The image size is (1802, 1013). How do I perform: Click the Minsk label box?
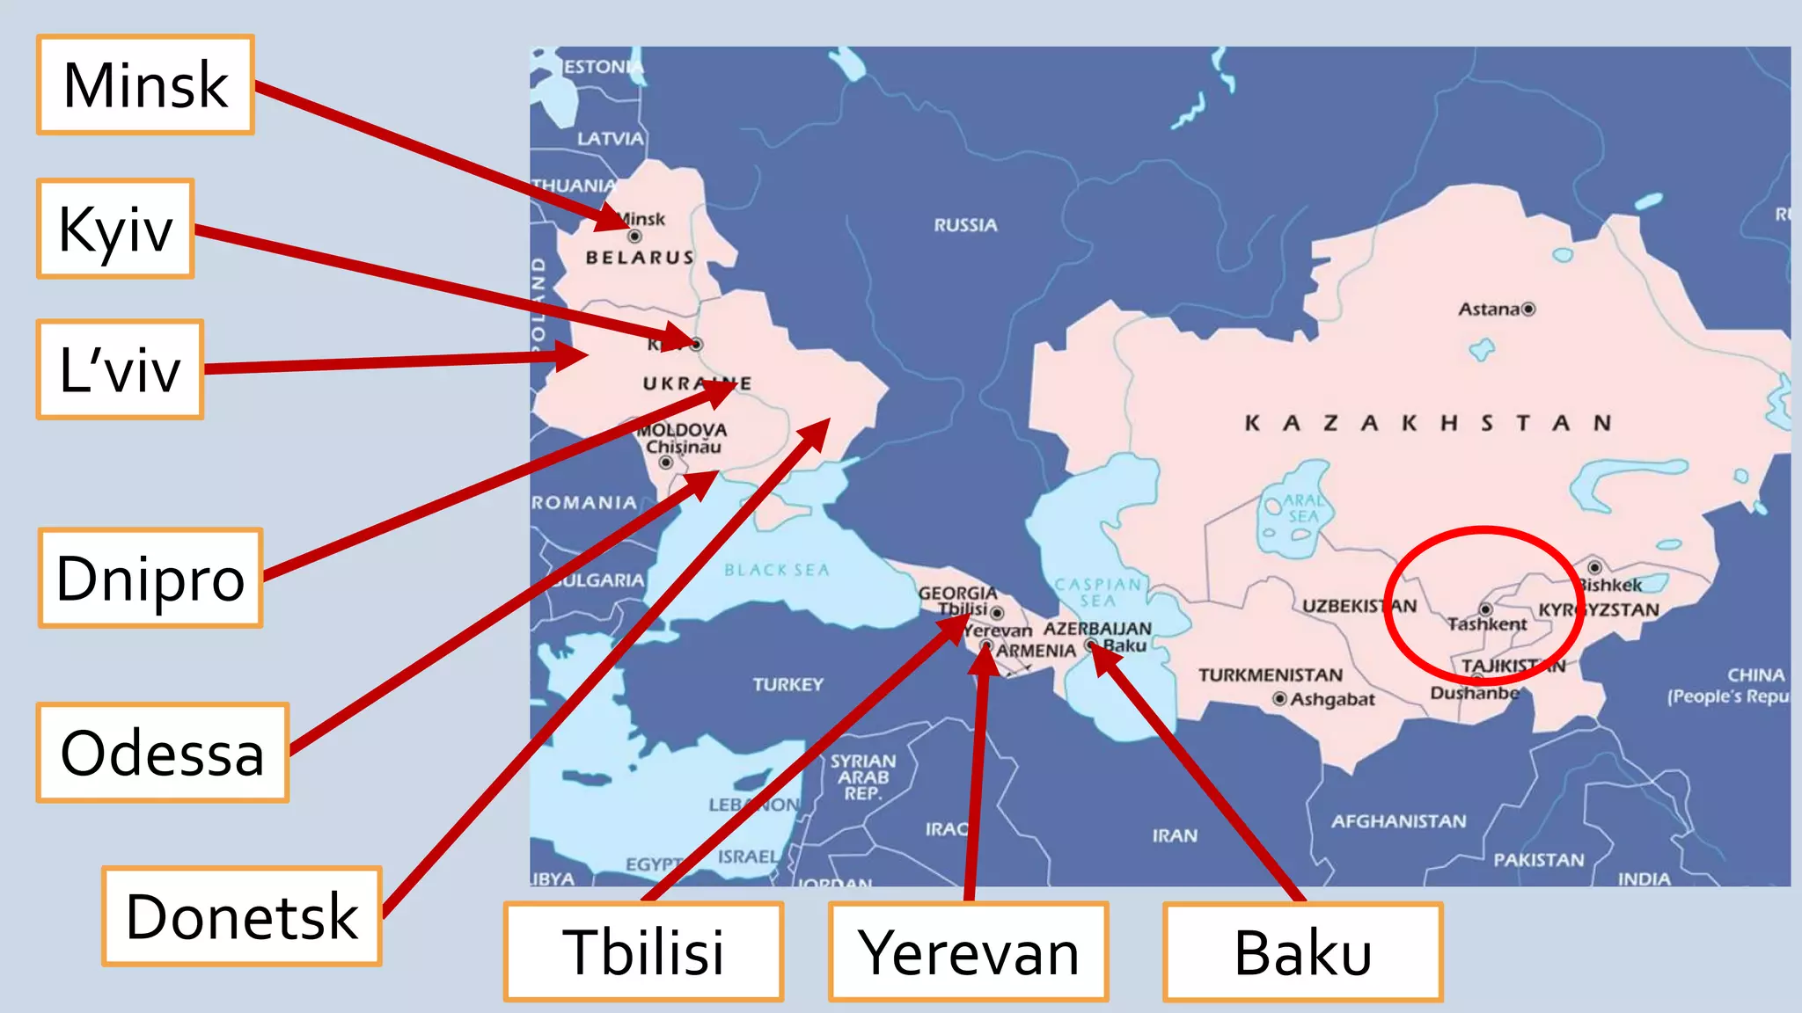tap(145, 85)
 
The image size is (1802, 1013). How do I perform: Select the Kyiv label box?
tap(115, 229)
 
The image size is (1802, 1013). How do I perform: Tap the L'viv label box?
tap(120, 369)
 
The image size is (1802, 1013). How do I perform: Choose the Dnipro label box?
tap(150, 578)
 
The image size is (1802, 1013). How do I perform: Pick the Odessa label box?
tap(163, 753)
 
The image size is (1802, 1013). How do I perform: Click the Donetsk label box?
tap(242, 916)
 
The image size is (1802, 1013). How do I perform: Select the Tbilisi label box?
tap(643, 952)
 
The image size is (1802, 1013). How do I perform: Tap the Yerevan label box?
tap(968, 952)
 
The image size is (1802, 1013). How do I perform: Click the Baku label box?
tap(1303, 952)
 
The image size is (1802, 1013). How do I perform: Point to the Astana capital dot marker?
tap(1528, 309)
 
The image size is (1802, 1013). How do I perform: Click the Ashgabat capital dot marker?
tap(1280, 699)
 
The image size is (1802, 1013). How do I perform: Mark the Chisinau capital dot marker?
tap(666, 463)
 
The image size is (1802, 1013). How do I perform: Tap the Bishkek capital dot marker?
tap(1594, 568)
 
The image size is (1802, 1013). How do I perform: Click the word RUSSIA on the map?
tap(965, 225)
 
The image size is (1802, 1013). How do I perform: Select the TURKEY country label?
tap(787, 684)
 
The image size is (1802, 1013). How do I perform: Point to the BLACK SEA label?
tap(777, 570)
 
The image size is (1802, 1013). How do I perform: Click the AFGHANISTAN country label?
tap(1398, 821)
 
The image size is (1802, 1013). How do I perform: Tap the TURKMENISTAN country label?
tap(1270, 675)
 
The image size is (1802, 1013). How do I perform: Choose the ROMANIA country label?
tap(584, 502)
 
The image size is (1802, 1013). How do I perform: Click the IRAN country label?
tap(1175, 835)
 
